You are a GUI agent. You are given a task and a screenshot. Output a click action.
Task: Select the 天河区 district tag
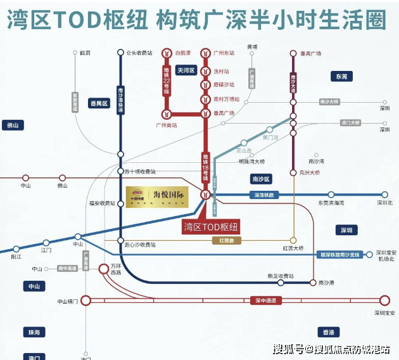click(x=187, y=70)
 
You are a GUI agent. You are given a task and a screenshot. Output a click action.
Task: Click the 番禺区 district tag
click(x=99, y=103)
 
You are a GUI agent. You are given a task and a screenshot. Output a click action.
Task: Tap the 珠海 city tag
click(x=32, y=332)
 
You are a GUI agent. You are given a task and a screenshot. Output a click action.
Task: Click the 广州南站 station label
click(x=165, y=125)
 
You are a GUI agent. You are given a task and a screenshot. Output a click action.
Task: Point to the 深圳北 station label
click(x=384, y=203)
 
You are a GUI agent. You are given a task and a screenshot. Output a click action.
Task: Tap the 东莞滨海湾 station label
click(x=331, y=203)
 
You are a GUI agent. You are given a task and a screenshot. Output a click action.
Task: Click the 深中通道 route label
click(x=267, y=300)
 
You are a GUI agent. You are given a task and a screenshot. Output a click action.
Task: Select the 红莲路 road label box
click(x=227, y=241)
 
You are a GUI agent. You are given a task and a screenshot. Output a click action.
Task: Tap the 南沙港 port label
click(x=327, y=282)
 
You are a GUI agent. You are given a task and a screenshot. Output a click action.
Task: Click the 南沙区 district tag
click(x=261, y=179)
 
